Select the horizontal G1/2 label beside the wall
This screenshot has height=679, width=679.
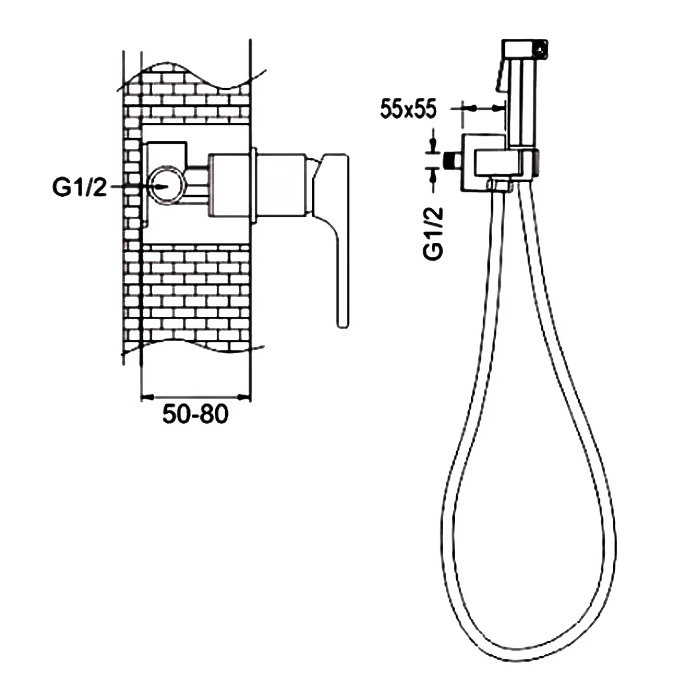click(x=79, y=187)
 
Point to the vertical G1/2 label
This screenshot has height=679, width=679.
click(x=433, y=233)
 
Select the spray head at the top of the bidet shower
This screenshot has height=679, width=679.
click(x=525, y=49)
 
